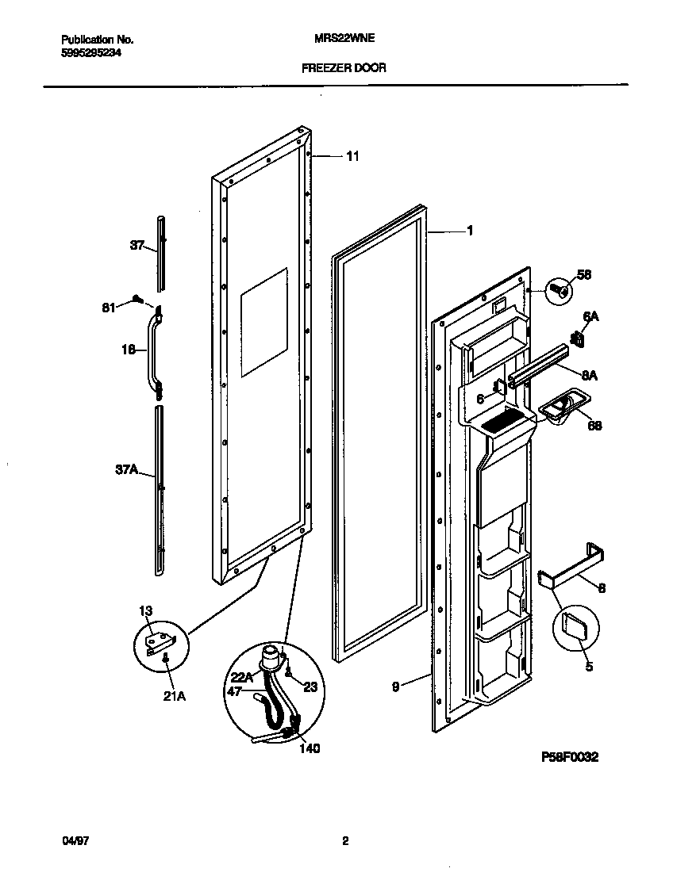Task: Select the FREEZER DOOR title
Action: tap(344, 68)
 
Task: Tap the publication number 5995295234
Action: tap(91, 52)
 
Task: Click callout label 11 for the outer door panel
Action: tap(352, 157)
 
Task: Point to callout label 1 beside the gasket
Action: tap(470, 231)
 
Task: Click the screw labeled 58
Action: tap(560, 291)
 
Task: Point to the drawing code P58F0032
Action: tap(569, 757)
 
